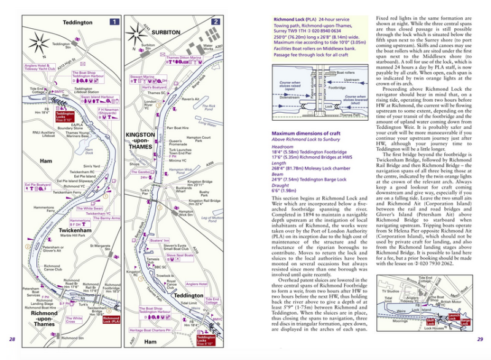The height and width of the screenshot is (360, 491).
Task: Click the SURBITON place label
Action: tap(163, 31)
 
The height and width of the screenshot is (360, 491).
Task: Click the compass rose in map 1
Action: tap(40, 42)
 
